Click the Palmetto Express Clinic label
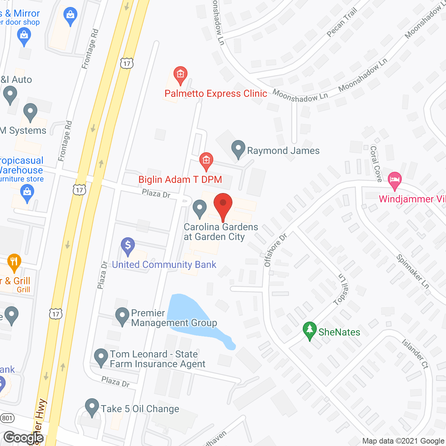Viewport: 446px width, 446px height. pyautogui.click(x=216, y=94)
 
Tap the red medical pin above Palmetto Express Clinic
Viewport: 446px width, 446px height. pyautogui.click(x=180, y=75)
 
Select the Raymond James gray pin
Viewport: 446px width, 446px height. pyautogui.click(x=238, y=149)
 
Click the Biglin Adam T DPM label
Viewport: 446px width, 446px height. pyautogui.click(x=180, y=179)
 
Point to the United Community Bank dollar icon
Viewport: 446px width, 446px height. pyautogui.click(x=128, y=246)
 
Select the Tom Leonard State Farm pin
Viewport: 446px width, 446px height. pyautogui.click(x=101, y=357)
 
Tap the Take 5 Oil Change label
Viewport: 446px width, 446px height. pyautogui.click(x=140, y=409)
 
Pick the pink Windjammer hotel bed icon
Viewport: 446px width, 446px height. pyautogui.click(x=394, y=180)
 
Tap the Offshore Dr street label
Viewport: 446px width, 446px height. pyautogui.click(x=275, y=250)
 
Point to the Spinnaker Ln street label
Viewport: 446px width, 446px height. pyautogui.click(x=413, y=271)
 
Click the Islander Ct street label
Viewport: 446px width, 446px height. pyautogui.click(x=415, y=354)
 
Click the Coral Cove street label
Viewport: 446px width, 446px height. pyautogui.click(x=376, y=163)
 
